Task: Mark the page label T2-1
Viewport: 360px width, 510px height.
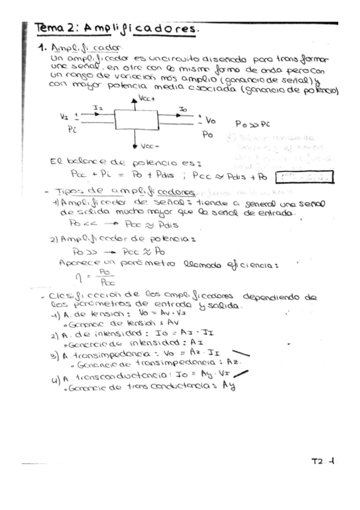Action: pyautogui.click(x=324, y=462)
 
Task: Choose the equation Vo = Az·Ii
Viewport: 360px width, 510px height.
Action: pyautogui.click(x=193, y=356)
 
